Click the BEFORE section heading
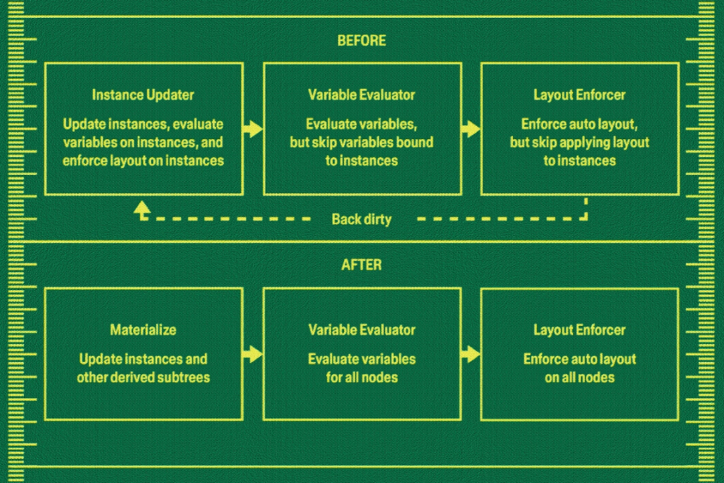pos(361,41)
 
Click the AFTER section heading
pos(361,265)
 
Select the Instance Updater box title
pos(143,95)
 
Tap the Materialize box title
pos(143,330)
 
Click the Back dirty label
pos(361,219)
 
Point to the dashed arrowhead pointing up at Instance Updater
pos(141,210)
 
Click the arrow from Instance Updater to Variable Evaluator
pos(253,129)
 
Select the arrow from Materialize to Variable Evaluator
pos(253,354)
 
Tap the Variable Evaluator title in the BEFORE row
pos(361,95)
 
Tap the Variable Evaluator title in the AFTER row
pos(361,330)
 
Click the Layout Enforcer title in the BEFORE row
pos(579,95)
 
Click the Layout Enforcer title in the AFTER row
pos(579,330)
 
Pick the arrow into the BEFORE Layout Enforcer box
pos(471,129)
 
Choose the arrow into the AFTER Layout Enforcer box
pos(471,354)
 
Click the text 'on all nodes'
pos(579,378)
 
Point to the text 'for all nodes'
pos(361,378)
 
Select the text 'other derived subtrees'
pos(143,378)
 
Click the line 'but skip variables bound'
pos(361,143)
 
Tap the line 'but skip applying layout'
pos(579,143)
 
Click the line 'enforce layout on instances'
pos(143,161)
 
